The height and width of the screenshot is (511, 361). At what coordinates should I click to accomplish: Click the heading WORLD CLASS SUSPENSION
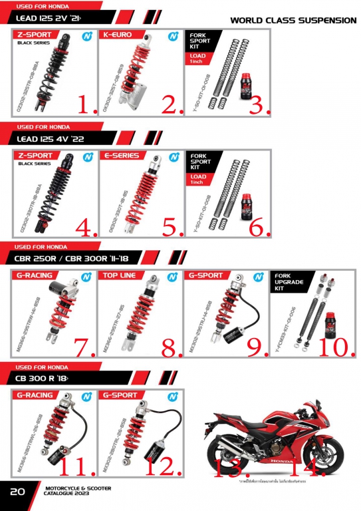pos(293,20)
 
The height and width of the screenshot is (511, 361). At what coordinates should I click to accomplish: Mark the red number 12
pos(160,466)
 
